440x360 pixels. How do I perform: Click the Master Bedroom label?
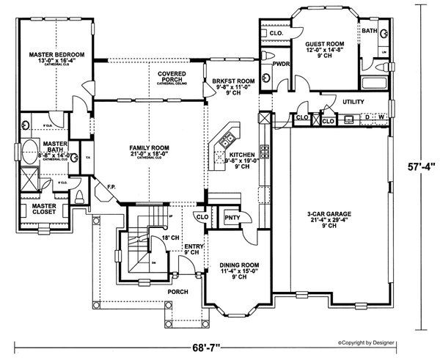pos(56,55)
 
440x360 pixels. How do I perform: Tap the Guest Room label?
pos(323,45)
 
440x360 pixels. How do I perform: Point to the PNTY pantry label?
pos(231,218)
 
